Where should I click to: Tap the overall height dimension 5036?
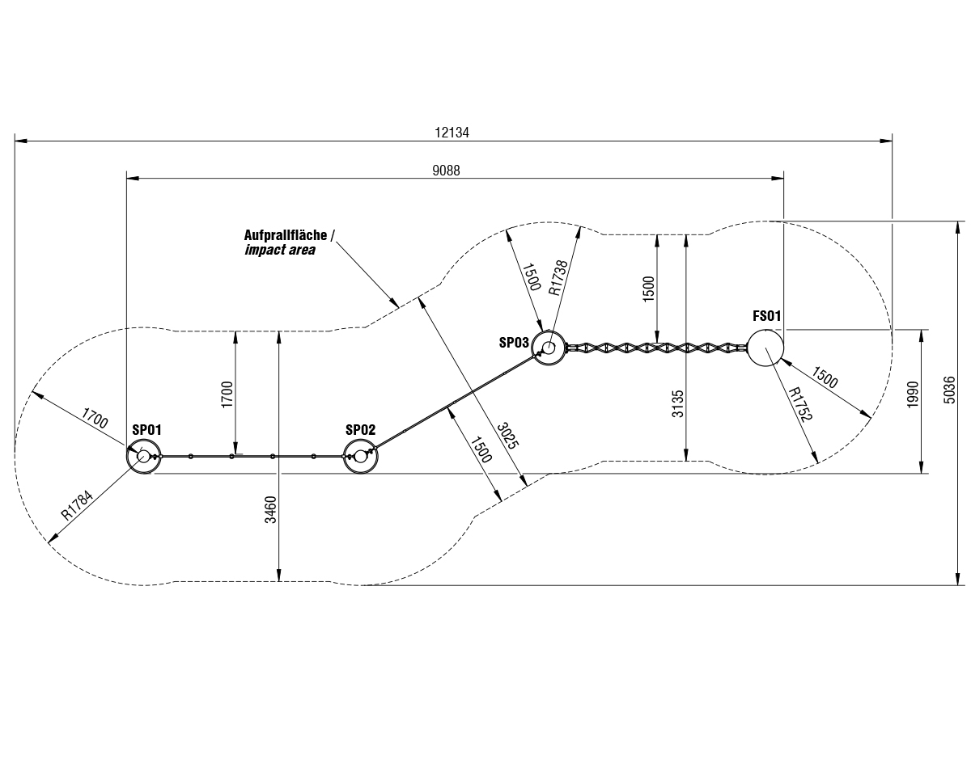[950, 402]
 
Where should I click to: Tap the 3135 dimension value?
[678, 403]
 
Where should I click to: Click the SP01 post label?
[146, 430]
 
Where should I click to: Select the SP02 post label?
[360, 430]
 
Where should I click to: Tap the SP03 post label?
[514, 342]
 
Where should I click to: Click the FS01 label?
[766, 316]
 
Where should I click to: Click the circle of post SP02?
[361, 456]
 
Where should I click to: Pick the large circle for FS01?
[765, 348]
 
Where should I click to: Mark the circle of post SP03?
[549, 348]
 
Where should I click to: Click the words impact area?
[280, 251]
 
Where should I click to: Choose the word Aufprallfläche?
[286, 235]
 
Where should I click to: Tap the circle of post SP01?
[144, 456]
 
